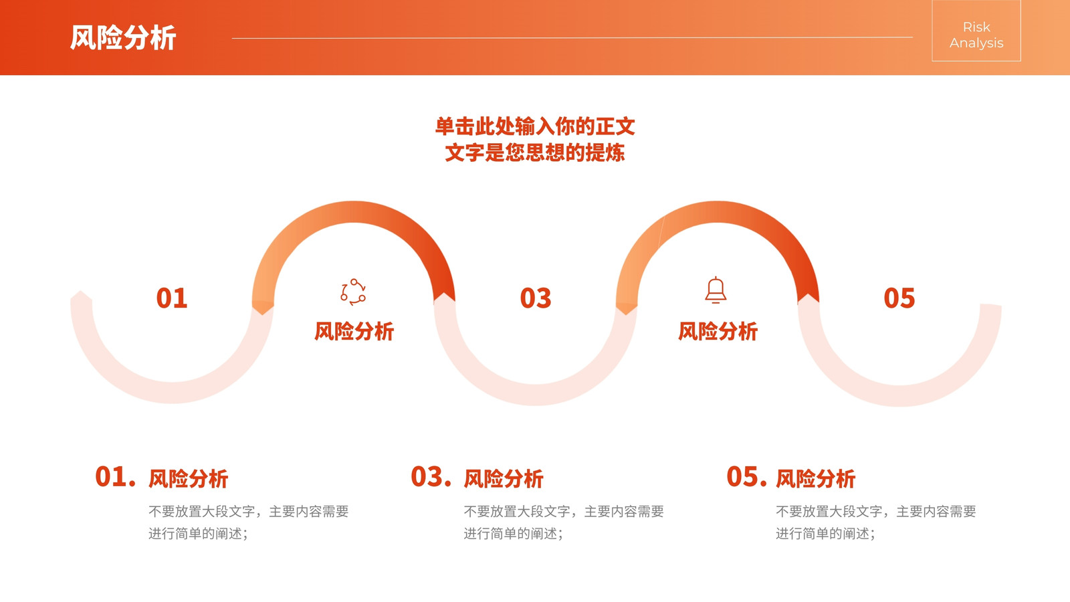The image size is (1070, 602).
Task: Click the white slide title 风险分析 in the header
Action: click(123, 37)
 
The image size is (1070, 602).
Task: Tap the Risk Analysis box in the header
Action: click(976, 31)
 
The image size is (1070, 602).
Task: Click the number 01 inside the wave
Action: click(172, 298)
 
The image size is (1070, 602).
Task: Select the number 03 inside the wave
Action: click(536, 298)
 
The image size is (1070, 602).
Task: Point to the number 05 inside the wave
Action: click(899, 298)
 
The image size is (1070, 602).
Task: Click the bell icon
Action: click(716, 290)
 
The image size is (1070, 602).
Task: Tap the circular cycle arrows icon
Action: click(353, 292)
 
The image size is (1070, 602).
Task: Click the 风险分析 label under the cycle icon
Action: click(354, 331)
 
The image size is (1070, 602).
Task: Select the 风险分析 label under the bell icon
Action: click(718, 331)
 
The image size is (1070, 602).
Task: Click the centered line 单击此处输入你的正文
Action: click(535, 126)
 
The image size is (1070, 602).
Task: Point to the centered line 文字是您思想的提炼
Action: click(535, 153)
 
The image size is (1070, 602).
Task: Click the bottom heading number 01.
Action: click(115, 477)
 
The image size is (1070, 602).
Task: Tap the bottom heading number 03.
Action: click(431, 477)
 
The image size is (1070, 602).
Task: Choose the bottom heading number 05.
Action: click(746, 477)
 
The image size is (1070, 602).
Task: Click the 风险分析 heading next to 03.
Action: click(504, 479)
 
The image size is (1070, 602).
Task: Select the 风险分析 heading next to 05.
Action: click(815, 479)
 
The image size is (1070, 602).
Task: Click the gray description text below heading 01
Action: click(248, 522)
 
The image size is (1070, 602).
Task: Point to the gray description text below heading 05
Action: click(875, 522)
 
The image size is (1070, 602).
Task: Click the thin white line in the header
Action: click(572, 37)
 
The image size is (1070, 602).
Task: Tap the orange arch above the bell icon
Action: click(718, 211)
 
